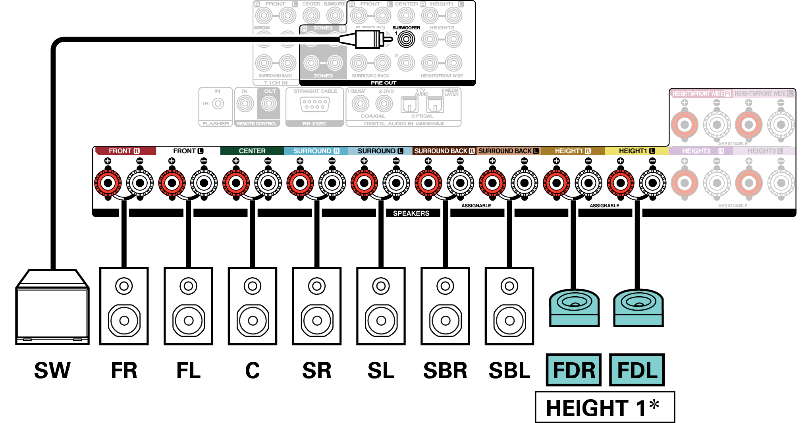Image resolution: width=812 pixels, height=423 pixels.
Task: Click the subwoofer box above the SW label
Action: pos(52,308)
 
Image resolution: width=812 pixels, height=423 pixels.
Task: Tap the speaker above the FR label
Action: pos(124,306)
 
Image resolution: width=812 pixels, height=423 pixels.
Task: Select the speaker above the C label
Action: pos(253,306)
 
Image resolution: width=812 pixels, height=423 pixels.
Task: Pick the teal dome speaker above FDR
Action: pos(574,308)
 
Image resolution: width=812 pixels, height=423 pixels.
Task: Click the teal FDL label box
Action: pos(637,370)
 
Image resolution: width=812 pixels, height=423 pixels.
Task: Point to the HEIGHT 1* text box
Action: pos(604,407)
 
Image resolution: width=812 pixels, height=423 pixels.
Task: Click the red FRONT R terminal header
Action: pos(124,151)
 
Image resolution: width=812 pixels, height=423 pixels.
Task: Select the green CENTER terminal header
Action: pos(252,151)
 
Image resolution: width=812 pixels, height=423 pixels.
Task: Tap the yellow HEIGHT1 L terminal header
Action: pos(636,151)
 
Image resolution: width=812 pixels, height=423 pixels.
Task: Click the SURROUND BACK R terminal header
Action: pos(444,151)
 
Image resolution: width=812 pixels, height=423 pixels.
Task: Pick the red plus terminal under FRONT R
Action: pos(108,183)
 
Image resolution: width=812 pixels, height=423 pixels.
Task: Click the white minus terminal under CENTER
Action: pos(268,183)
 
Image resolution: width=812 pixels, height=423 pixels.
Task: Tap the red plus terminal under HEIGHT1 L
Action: pos(620,183)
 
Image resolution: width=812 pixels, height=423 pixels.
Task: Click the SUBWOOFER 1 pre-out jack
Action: pos(406,39)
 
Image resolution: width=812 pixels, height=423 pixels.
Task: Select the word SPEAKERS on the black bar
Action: pos(411,213)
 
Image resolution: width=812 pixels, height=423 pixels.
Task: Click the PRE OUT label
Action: pos(384,83)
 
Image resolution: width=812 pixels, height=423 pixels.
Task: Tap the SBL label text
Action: pos(509,371)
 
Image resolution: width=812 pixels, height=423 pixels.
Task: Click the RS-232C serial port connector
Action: pos(314,104)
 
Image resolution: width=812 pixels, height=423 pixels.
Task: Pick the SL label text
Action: pos(381,371)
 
